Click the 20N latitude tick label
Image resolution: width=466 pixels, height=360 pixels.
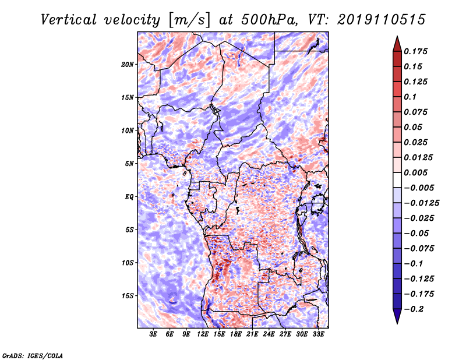[x=128, y=65]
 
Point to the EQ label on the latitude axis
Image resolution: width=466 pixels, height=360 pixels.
[x=129, y=197]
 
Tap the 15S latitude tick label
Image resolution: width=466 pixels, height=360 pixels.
[x=128, y=296]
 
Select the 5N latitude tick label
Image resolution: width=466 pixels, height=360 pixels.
[x=129, y=164]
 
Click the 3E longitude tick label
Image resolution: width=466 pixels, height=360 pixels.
[x=153, y=334]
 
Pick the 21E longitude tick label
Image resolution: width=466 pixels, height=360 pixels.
[x=252, y=334]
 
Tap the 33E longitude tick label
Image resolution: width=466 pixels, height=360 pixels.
[x=318, y=334]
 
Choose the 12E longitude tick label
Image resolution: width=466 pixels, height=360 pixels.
[x=202, y=334]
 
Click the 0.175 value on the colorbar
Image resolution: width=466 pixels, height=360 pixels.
[x=415, y=51]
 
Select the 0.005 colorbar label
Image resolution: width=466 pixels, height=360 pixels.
[x=415, y=172]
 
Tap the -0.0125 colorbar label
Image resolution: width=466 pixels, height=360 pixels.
[x=421, y=203]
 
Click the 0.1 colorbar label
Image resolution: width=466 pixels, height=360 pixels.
[x=410, y=97]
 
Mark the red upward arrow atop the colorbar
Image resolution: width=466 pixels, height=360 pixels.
[x=397, y=44]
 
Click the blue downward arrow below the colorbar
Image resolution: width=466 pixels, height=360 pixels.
[x=397, y=316]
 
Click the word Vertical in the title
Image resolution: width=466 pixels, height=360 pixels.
[x=69, y=20]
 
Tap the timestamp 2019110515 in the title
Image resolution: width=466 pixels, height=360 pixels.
[x=382, y=20]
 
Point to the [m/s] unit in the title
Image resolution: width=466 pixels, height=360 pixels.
[x=189, y=20]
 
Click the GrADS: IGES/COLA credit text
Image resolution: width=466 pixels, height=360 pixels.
[x=33, y=356]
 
